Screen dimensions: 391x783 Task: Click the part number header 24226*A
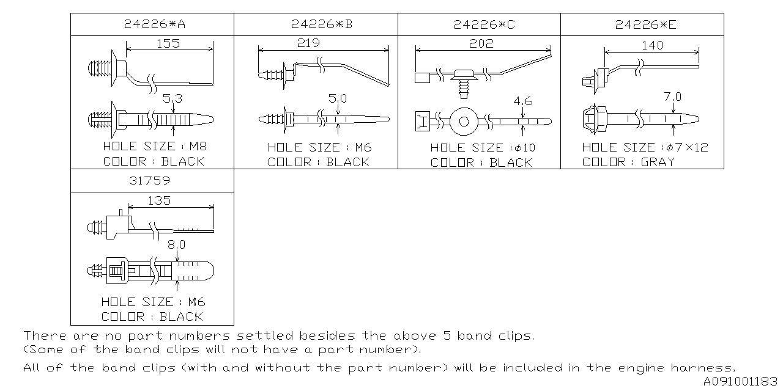click(x=152, y=24)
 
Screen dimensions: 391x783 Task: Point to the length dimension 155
click(x=168, y=44)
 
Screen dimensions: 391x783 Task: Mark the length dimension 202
click(x=481, y=43)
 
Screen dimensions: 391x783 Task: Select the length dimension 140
click(x=652, y=45)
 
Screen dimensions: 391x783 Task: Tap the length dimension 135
click(x=159, y=200)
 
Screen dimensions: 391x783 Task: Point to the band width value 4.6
click(x=523, y=101)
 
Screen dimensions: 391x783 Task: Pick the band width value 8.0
click(x=176, y=244)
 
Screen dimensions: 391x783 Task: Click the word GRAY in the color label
click(x=658, y=162)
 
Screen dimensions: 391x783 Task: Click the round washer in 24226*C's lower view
click(x=464, y=121)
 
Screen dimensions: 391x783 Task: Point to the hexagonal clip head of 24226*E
click(x=593, y=120)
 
